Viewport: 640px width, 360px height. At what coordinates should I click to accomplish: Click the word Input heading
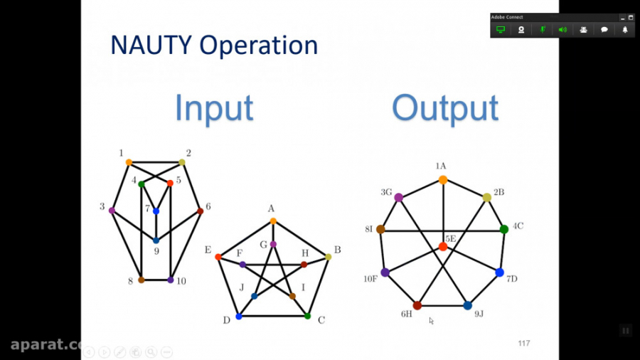point(214,109)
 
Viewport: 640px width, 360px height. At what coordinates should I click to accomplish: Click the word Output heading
point(445,109)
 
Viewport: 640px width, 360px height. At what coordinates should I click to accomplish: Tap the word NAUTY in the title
point(151,46)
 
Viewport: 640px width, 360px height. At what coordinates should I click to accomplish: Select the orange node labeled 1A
point(442,180)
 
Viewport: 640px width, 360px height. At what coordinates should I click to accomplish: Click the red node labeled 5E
point(443,246)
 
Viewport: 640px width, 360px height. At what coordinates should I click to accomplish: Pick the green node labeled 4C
point(504,229)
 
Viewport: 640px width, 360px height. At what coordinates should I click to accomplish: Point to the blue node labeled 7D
point(499,272)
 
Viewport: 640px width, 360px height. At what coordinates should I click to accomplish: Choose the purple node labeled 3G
point(399,197)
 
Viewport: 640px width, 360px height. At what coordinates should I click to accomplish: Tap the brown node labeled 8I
point(380,229)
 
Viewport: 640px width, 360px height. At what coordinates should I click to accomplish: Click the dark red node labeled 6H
point(417,305)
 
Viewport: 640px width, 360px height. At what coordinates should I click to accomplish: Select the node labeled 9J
point(467,305)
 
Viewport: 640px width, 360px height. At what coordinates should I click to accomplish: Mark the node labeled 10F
point(385,272)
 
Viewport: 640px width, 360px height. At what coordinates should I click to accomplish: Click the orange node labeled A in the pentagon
point(272,221)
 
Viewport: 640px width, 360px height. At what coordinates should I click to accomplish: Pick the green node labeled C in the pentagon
point(307,316)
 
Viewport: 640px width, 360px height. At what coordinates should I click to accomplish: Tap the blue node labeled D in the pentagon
point(238,316)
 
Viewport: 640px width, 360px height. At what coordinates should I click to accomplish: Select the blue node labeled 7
point(156,211)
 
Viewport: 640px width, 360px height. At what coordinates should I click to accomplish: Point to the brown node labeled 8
point(142,280)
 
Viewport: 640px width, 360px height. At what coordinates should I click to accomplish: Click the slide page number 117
point(524,344)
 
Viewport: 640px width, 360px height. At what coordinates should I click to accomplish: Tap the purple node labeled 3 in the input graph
point(112,210)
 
